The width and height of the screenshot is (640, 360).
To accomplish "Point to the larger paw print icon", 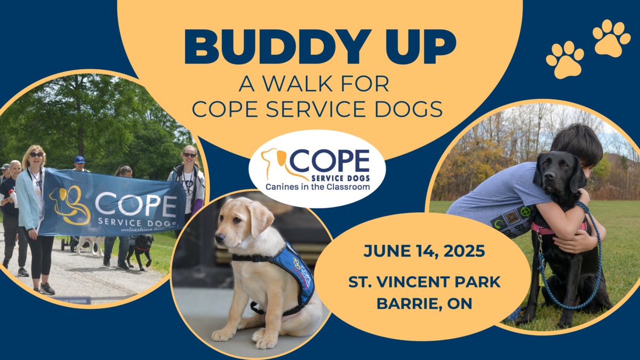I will coord(611,38).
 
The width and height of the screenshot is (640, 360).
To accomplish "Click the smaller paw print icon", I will coord(565,60).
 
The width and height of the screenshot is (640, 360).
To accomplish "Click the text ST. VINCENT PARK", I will coord(425,282).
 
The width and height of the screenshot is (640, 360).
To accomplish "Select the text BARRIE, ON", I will coord(424,303).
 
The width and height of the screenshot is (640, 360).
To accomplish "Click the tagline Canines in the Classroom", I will coord(318,187).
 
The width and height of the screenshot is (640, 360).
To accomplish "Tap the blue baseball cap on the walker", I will coord(79,159).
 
